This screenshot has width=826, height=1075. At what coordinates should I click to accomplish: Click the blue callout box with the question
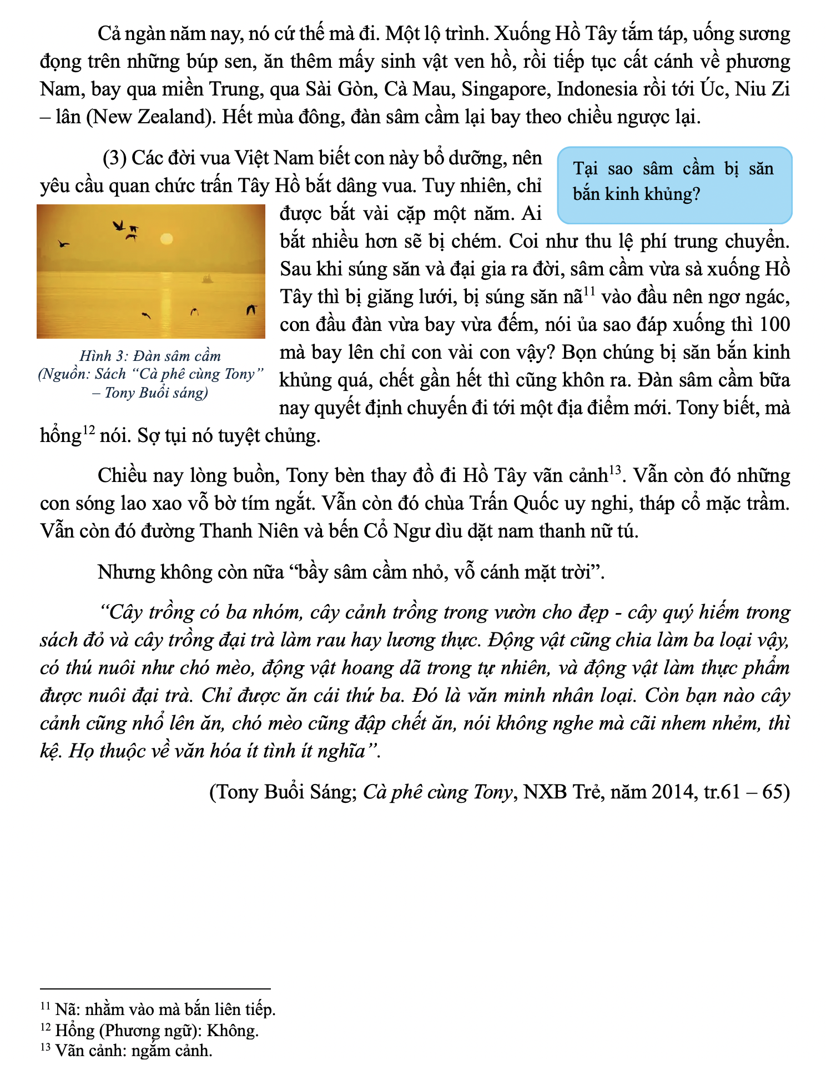pos(674,185)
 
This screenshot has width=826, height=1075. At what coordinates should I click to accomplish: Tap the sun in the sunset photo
pos(166,239)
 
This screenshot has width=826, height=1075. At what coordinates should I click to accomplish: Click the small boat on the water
pos(207,278)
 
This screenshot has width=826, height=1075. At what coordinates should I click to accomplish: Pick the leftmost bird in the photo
pos(64,243)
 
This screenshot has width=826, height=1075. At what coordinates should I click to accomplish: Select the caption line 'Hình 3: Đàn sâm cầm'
pos(150,356)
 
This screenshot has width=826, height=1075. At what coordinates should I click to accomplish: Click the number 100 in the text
pos(774,324)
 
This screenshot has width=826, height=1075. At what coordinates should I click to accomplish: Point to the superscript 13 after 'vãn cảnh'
pos(614,470)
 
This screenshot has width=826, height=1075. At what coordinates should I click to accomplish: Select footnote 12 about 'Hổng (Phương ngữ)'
pos(150,1031)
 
